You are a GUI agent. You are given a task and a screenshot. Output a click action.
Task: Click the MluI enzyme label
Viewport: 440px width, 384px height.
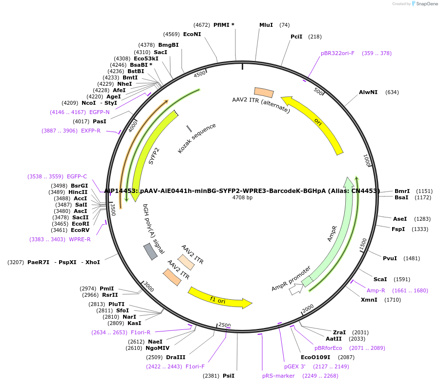tap(266, 25)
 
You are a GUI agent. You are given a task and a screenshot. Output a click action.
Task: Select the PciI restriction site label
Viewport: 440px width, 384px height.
tap(296, 37)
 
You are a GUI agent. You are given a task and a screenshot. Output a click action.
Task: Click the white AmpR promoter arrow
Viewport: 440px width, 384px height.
tap(296, 289)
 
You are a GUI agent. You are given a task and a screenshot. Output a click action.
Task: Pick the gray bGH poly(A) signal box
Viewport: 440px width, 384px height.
tap(150, 251)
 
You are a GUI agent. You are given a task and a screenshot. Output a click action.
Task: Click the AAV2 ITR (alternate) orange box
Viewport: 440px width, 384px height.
tap(264, 92)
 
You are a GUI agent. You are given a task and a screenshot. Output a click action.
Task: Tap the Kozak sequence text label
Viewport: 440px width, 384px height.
tap(197, 139)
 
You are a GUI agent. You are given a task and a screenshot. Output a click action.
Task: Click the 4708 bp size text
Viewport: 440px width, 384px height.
tap(242, 197)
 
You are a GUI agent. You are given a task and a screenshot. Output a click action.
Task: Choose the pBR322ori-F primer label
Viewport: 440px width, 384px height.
tap(337, 53)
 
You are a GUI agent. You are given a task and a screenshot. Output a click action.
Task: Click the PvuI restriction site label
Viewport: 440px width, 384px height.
tap(390, 258)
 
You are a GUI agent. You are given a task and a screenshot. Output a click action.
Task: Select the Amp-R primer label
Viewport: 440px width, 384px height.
tap(376, 290)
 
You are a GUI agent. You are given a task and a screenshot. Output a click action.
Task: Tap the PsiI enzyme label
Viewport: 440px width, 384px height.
tap(229, 376)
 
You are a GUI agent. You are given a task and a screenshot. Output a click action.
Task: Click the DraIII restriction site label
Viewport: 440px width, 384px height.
tap(175, 357)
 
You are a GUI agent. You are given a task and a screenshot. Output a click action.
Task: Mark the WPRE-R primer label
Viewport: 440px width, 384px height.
tap(80, 239)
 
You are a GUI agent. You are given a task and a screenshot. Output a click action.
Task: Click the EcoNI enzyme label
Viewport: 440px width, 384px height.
tap(192, 34)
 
